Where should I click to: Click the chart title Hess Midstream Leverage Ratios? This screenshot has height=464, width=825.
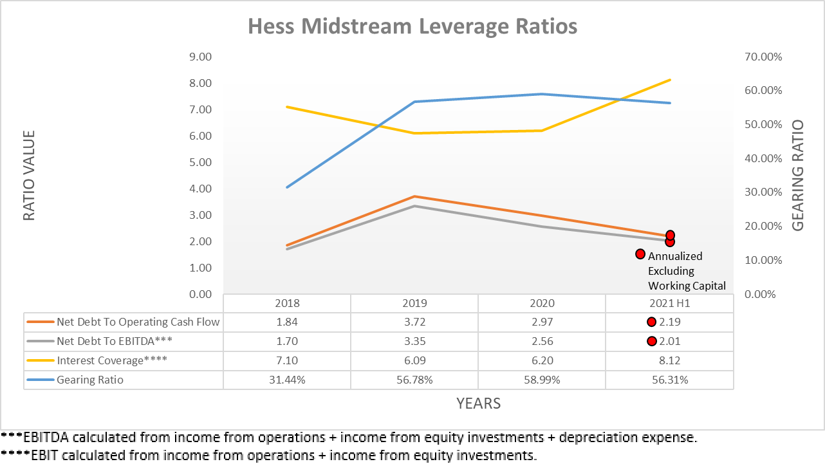(412, 26)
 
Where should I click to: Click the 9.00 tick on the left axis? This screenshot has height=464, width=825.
(199, 57)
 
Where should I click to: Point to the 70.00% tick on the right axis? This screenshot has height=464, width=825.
(763, 57)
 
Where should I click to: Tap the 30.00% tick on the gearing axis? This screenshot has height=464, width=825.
(763, 192)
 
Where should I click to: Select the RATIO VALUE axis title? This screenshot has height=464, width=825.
(29, 176)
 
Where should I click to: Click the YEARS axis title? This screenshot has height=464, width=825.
(478, 404)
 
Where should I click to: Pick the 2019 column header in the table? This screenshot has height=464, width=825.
(414, 303)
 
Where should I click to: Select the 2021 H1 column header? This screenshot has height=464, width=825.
(669, 303)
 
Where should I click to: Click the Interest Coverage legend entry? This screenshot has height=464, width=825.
(112, 360)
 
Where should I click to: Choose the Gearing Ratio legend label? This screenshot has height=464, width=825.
(90, 380)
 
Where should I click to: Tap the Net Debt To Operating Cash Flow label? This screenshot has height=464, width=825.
(138, 322)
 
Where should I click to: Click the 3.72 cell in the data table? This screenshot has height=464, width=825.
(414, 322)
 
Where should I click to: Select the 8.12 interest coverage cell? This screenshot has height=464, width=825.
(669, 360)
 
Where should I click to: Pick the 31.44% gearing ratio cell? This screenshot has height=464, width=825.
(287, 380)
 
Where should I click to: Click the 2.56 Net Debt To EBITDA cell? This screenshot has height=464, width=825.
(542, 341)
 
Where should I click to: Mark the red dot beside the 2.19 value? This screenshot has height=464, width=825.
(651, 322)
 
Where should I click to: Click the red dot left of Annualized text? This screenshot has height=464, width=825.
(640, 254)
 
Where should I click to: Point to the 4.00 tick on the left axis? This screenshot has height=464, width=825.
(199, 189)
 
